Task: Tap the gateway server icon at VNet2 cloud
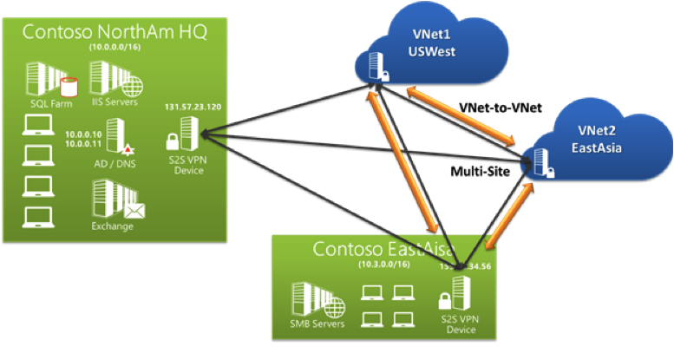tap(543, 162)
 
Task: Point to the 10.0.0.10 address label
tap(83, 134)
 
